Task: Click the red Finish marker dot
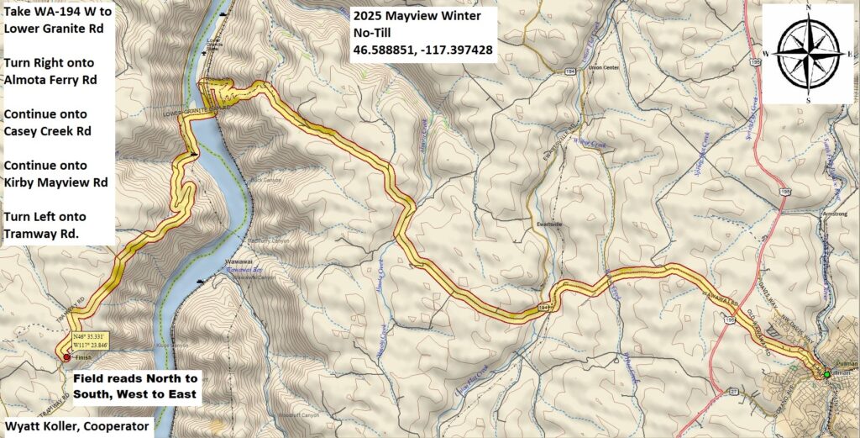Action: tap(66, 357)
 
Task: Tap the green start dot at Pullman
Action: tap(826, 374)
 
